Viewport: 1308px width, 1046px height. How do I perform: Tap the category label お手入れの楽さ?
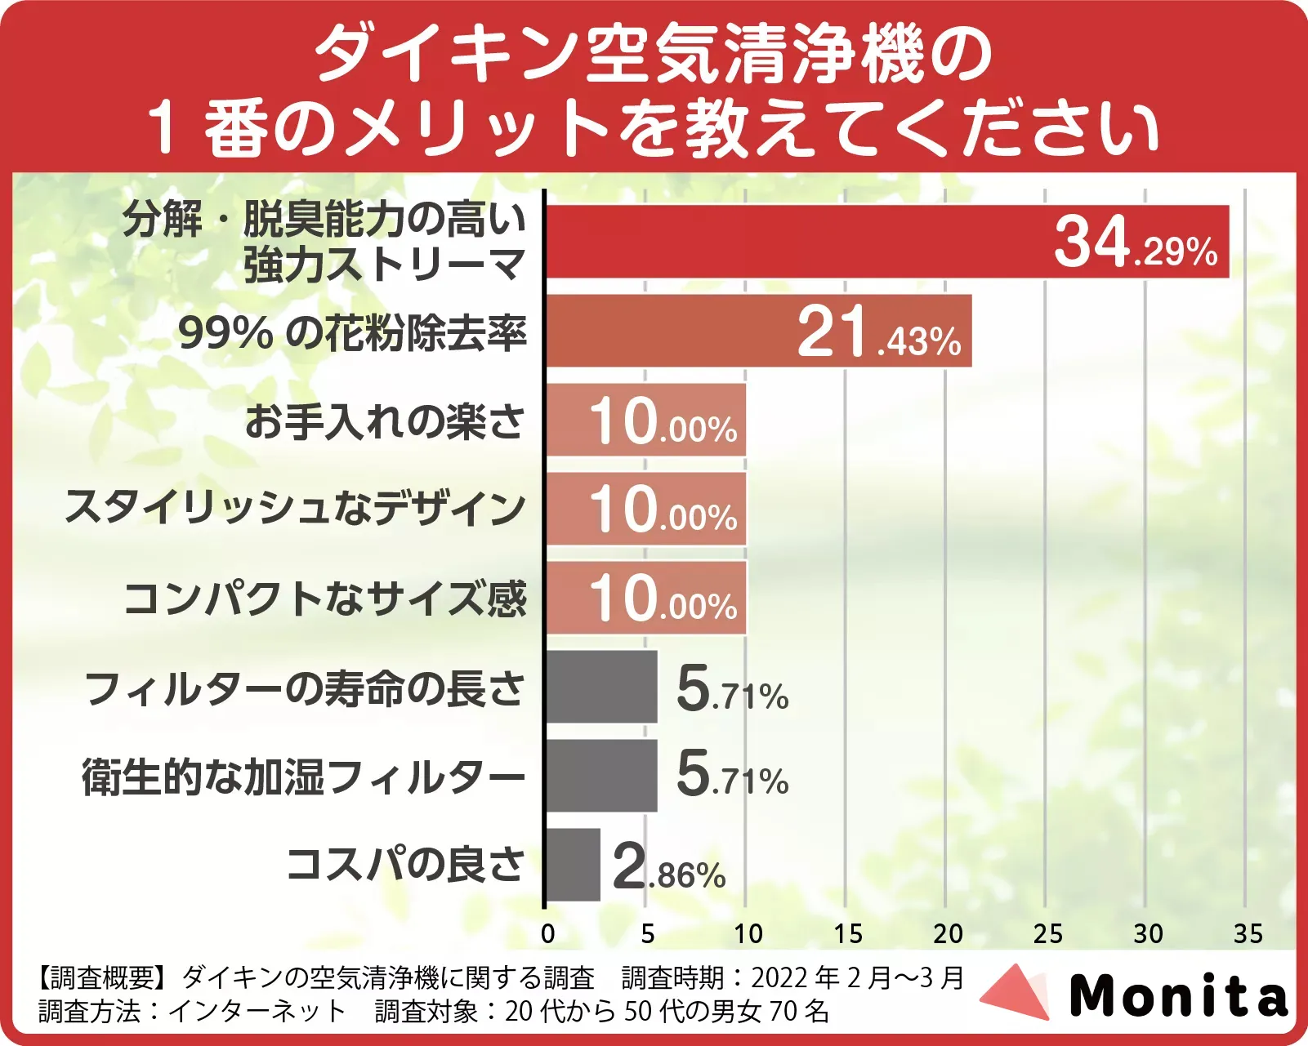coord(384,421)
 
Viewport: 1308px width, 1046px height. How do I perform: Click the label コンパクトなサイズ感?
coord(325,599)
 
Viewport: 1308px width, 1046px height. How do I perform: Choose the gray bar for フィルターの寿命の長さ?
coord(601,687)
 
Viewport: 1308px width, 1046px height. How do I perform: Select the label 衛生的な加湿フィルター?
coord(303,777)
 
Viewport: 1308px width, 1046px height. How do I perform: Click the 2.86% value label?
coord(668,867)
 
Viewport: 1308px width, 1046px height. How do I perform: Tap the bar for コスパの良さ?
coord(573,865)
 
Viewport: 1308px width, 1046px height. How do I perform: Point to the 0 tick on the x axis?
coord(547,933)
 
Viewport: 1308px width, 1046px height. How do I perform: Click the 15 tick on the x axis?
coord(847,933)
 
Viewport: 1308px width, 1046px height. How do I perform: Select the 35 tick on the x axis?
coord(1248,933)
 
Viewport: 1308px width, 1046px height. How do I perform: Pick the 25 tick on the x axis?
coord(1047,933)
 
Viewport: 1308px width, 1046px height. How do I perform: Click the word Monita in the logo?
coord(1178,996)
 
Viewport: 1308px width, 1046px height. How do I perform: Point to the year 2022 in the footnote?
coord(779,977)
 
